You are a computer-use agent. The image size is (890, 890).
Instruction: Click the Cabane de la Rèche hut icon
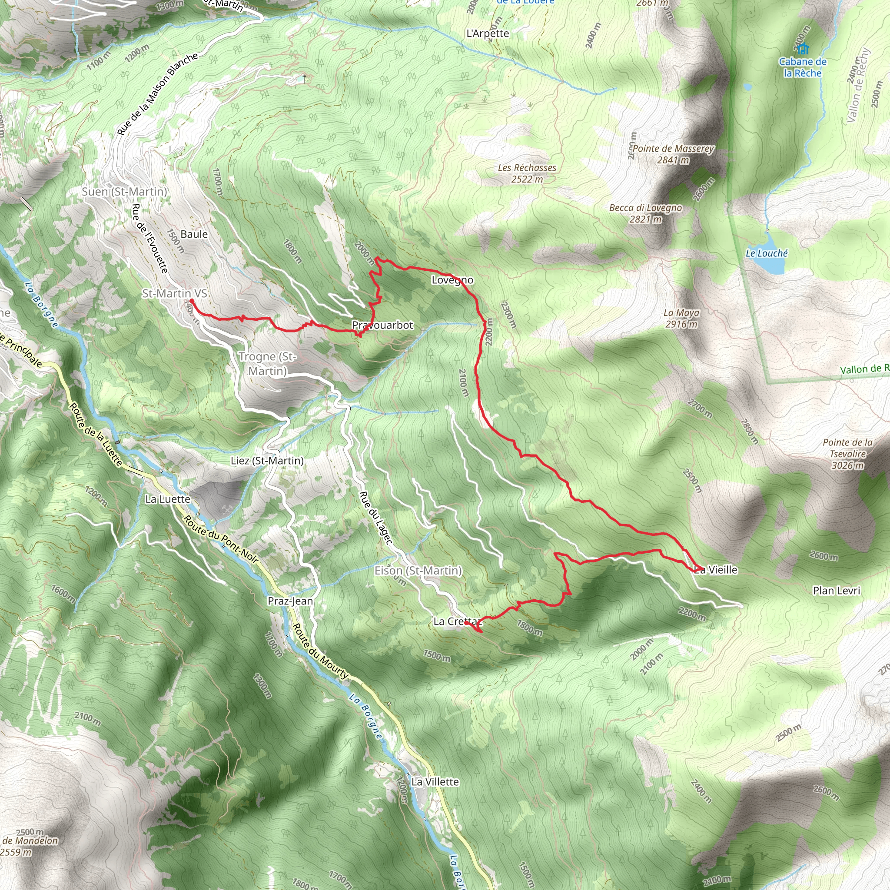(803, 48)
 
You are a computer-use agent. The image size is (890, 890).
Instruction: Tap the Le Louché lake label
(767, 253)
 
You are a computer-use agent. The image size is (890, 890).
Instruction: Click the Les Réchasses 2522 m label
(527, 173)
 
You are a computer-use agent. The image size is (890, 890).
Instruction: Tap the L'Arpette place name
(488, 33)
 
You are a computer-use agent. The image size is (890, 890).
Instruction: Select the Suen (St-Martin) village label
(124, 192)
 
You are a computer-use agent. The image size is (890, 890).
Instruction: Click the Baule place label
(194, 235)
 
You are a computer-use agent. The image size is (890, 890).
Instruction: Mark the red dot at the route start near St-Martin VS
(191, 301)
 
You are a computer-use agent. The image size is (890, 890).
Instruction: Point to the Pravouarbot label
(382, 325)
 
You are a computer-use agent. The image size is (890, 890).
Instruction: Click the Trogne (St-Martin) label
(268, 363)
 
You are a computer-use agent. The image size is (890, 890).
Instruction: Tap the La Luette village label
(168, 499)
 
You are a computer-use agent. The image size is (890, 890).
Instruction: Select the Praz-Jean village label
(290, 601)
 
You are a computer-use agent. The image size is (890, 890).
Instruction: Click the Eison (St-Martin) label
(418, 571)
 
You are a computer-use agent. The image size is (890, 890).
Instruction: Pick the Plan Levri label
(836, 591)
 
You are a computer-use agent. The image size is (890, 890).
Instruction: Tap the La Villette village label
(435, 782)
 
